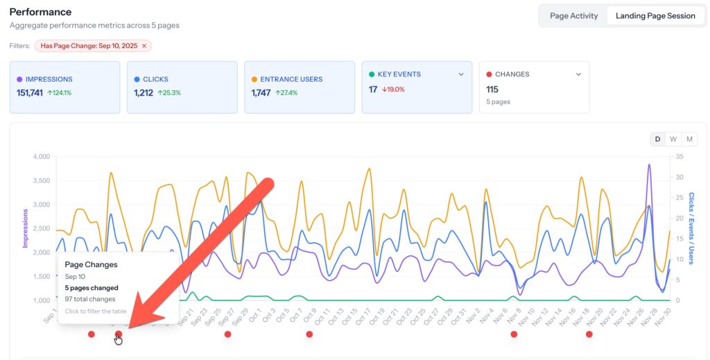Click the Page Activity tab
[573, 16]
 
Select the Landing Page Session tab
[655, 16]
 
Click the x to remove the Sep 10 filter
[144, 46]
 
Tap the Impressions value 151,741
[30, 92]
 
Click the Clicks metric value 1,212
[144, 92]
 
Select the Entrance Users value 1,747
[261, 92]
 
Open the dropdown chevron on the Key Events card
[461, 74]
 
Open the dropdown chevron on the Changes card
[579, 74]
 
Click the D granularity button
[657, 139]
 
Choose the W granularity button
[673, 139]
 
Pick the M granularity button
[690, 139]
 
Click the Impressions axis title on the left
[26, 228]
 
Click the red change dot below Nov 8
[514, 334]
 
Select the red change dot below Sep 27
[227, 334]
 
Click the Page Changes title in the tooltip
[91, 264]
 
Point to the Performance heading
[40, 12]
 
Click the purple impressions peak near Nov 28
[649, 165]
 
